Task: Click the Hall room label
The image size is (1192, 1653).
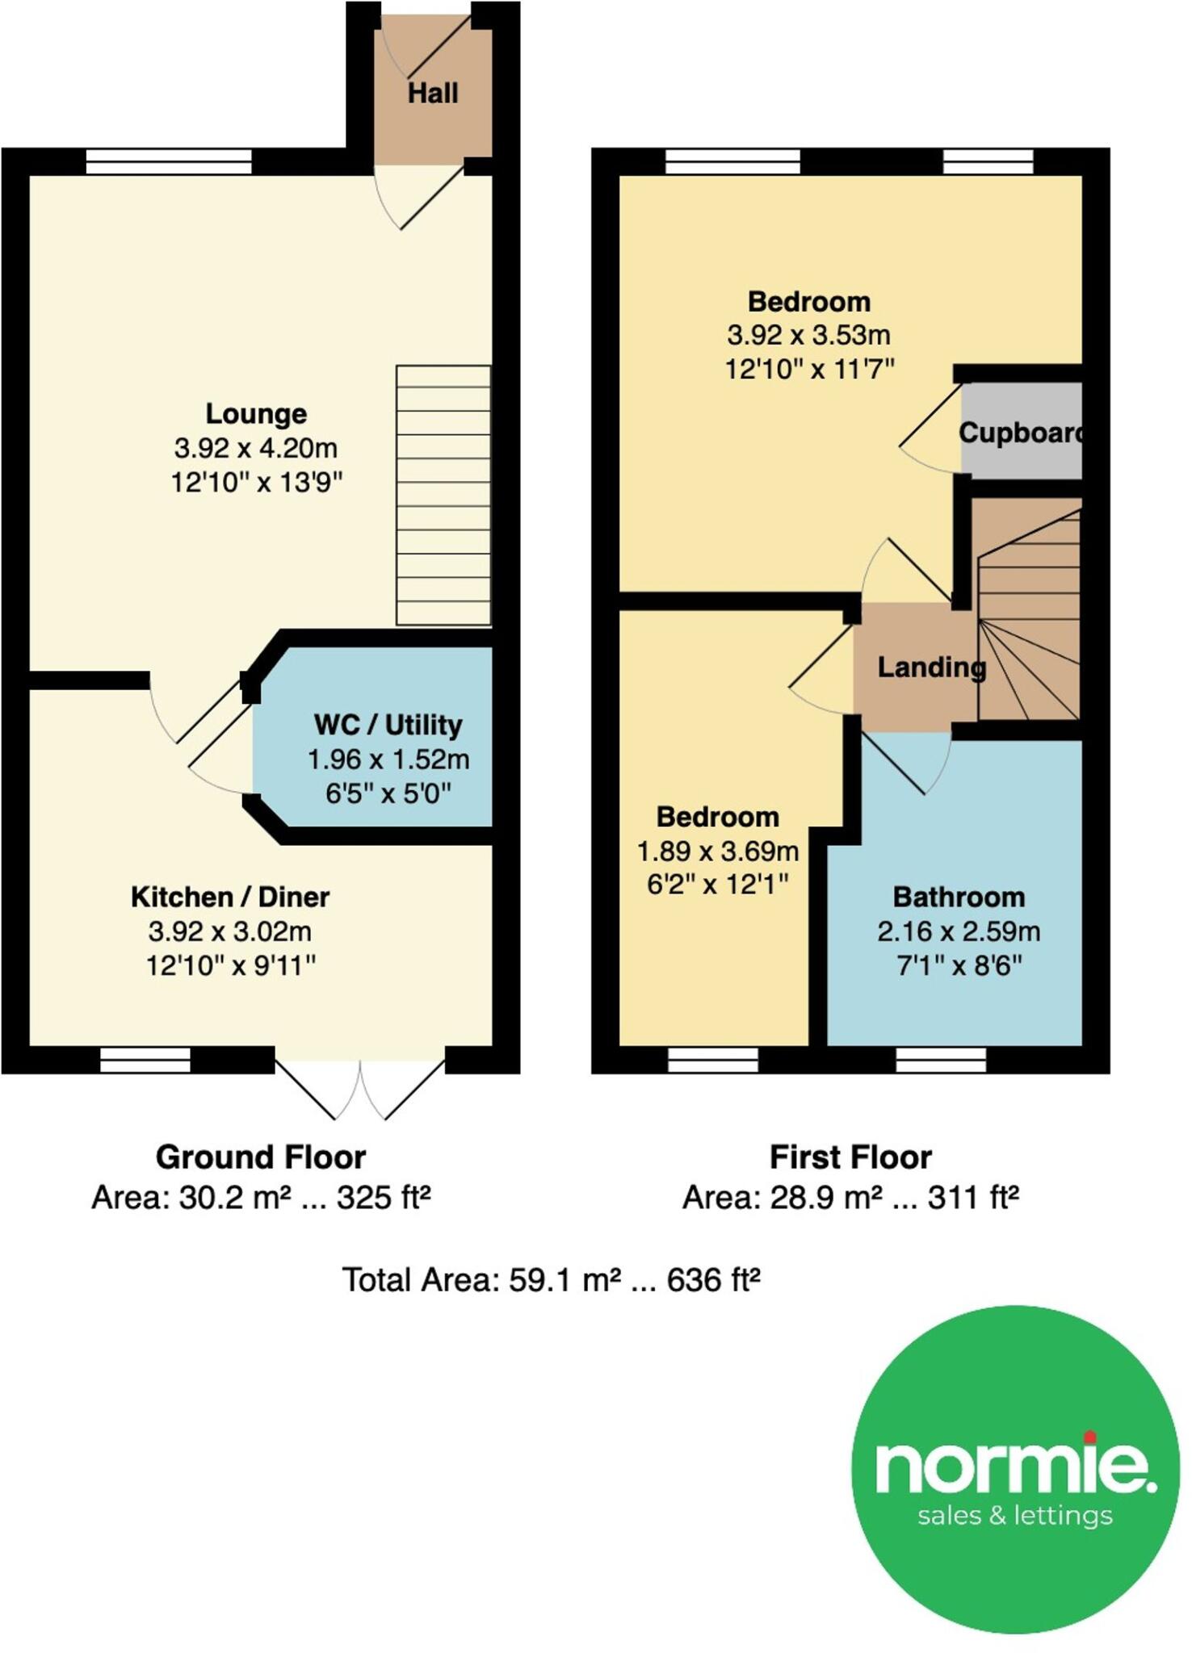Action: pyautogui.click(x=432, y=94)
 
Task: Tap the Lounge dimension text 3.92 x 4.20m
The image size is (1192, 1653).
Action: pyautogui.click(x=255, y=448)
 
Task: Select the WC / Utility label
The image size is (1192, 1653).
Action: pyautogui.click(x=388, y=725)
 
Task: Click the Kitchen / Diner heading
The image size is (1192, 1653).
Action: pyautogui.click(x=230, y=897)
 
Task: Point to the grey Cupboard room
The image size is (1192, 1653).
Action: pyautogui.click(x=1020, y=432)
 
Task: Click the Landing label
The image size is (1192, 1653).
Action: pyautogui.click(x=930, y=667)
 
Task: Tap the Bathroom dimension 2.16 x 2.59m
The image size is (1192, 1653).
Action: pyautogui.click(x=959, y=931)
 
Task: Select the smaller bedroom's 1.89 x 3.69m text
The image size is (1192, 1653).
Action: pyautogui.click(x=717, y=851)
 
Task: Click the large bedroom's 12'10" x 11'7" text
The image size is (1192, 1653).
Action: pyautogui.click(x=809, y=370)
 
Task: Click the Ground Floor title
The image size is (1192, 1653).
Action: pyautogui.click(x=260, y=1157)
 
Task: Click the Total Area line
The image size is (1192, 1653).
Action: pyautogui.click(x=551, y=1280)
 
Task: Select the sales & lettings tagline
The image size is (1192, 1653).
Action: pyautogui.click(x=1015, y=1515)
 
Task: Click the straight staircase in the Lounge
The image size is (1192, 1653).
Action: pyautogui.click(x=443, y=495)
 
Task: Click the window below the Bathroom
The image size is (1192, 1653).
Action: pyautogui.click(x=941, y=1059)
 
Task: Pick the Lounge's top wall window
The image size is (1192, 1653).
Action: pyautogui.click(x=169, y=161)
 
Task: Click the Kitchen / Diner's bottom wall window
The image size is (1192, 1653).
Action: pyautogui.click(x=145, y=1059)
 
